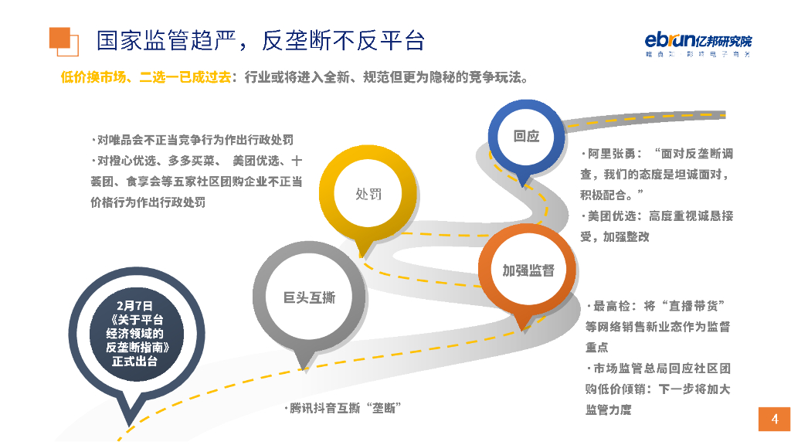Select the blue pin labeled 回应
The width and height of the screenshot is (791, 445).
(526, 136)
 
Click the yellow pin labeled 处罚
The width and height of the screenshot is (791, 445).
(368, 193)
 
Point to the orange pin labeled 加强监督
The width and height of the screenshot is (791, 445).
(528, 270)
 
